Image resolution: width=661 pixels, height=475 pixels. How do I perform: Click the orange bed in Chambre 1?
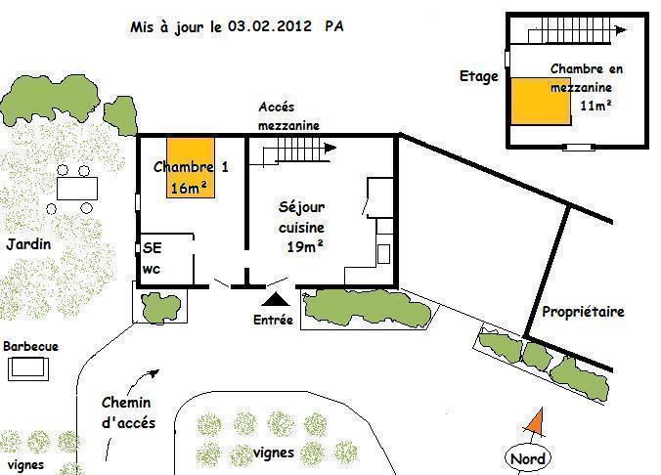[191, 167]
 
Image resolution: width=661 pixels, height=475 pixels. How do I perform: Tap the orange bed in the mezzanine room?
[541, 101]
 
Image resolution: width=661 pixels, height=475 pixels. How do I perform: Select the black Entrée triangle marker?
[276, 299]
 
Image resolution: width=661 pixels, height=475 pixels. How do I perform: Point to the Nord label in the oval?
[528, 458]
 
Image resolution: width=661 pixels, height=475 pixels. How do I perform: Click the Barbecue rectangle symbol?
[28, 368]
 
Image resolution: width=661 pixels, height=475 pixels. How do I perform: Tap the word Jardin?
[28, 244]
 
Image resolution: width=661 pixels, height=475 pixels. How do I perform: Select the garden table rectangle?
[77, 189]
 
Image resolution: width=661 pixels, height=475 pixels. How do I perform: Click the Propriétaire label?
[583, 312]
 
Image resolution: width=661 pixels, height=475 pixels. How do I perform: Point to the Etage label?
[478, 76]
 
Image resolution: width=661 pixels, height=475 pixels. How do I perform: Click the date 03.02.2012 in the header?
[270, 26]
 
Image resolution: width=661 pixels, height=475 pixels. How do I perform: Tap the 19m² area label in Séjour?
[305, 246]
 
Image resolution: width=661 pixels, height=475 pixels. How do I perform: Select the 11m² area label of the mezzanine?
[595, 105]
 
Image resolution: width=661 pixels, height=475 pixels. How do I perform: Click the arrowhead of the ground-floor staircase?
[330, 148]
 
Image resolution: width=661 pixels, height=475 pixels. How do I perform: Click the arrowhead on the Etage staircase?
[621, 30]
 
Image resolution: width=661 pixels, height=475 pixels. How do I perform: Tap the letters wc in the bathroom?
[152, 269]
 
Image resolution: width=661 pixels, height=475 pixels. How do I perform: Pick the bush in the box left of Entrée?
[160, 307]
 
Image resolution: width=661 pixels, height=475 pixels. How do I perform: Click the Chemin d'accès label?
[128, 412]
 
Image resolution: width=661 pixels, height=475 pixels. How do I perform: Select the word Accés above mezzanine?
[277, 108]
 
